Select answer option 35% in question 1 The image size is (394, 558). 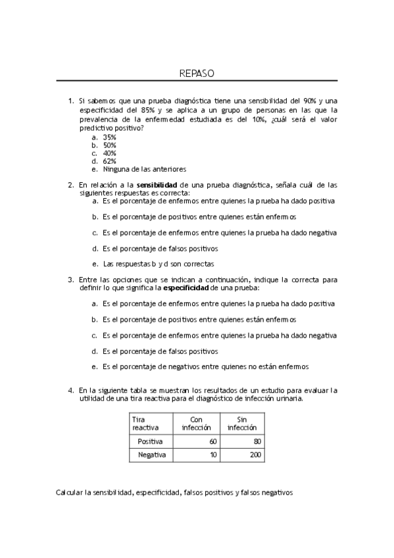[x=109, y=137]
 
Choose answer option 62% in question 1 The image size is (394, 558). [x=109, y=161]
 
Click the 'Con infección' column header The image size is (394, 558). [x=195, y=422]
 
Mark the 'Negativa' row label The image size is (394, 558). [x=152, y=455]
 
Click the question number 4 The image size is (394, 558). [x=70, y=390]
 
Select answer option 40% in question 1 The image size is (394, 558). [x=109, y=153]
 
